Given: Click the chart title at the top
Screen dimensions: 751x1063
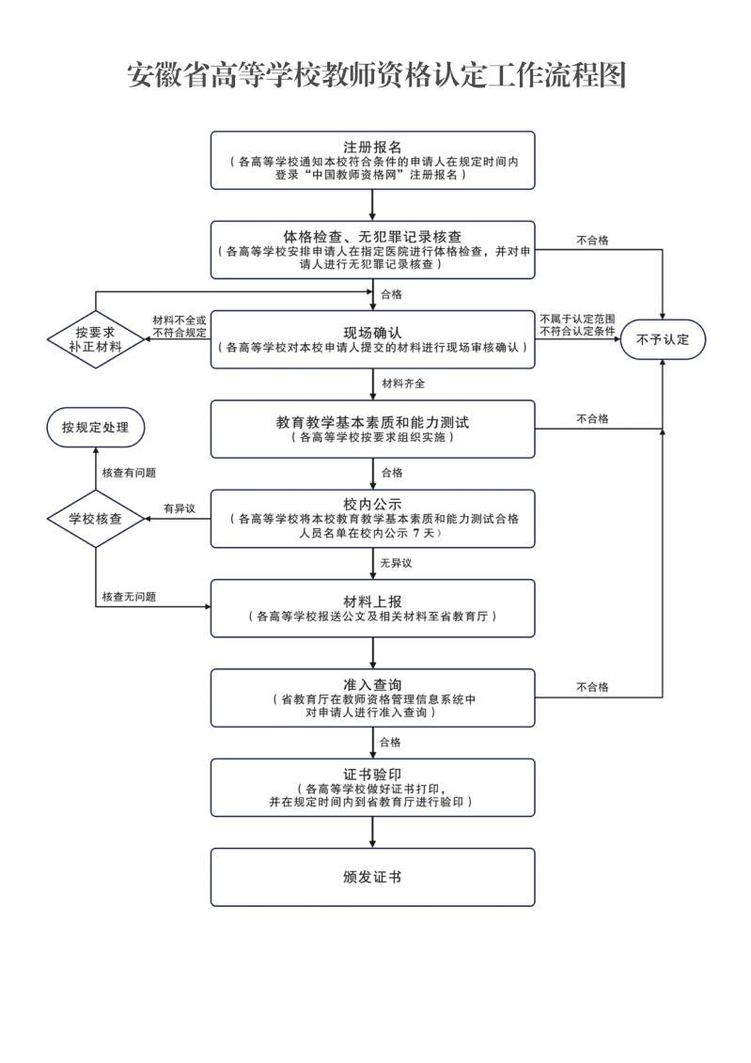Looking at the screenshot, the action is (x=376, y=75).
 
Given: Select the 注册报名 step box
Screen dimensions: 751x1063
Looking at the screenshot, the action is (x=373, y=161).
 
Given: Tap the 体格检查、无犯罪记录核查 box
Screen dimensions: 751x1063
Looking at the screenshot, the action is (x=373, y=249).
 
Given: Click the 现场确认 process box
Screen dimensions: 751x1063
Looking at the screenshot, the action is (x=373, y=339).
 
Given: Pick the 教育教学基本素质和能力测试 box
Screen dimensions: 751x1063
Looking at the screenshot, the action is (x=373, y=430).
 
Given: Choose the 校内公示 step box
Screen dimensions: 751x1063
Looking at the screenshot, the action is (x=373, y=519).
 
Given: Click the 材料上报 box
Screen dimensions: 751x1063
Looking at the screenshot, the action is (x=373, y=608).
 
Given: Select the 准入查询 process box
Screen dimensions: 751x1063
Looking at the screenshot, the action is (x=373, y=697).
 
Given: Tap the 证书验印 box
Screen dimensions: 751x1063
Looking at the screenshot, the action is (x=373, y=787).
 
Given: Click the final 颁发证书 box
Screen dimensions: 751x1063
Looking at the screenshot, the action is (x=373, y=877).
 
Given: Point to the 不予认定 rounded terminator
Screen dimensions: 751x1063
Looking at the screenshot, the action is (x=663, y=339).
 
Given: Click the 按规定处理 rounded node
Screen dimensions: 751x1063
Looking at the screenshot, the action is (x=96, y=427).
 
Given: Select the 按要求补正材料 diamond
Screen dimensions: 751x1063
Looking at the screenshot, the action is (x=96, y=339).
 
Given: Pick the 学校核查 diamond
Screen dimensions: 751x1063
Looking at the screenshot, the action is (x=96, y=519).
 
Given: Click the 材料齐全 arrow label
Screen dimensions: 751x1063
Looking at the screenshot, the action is (x=403, y=383).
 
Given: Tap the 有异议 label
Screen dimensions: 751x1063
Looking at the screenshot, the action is (x=180, y=508).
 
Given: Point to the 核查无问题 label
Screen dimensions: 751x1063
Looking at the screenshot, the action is (x=129, y=597).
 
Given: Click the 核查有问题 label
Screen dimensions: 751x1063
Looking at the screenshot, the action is (x=129, y=473).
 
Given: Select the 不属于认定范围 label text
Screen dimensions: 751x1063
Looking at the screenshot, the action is (x=577, y=319).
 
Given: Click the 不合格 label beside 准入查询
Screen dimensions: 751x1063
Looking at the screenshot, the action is (x=592, y=687).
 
